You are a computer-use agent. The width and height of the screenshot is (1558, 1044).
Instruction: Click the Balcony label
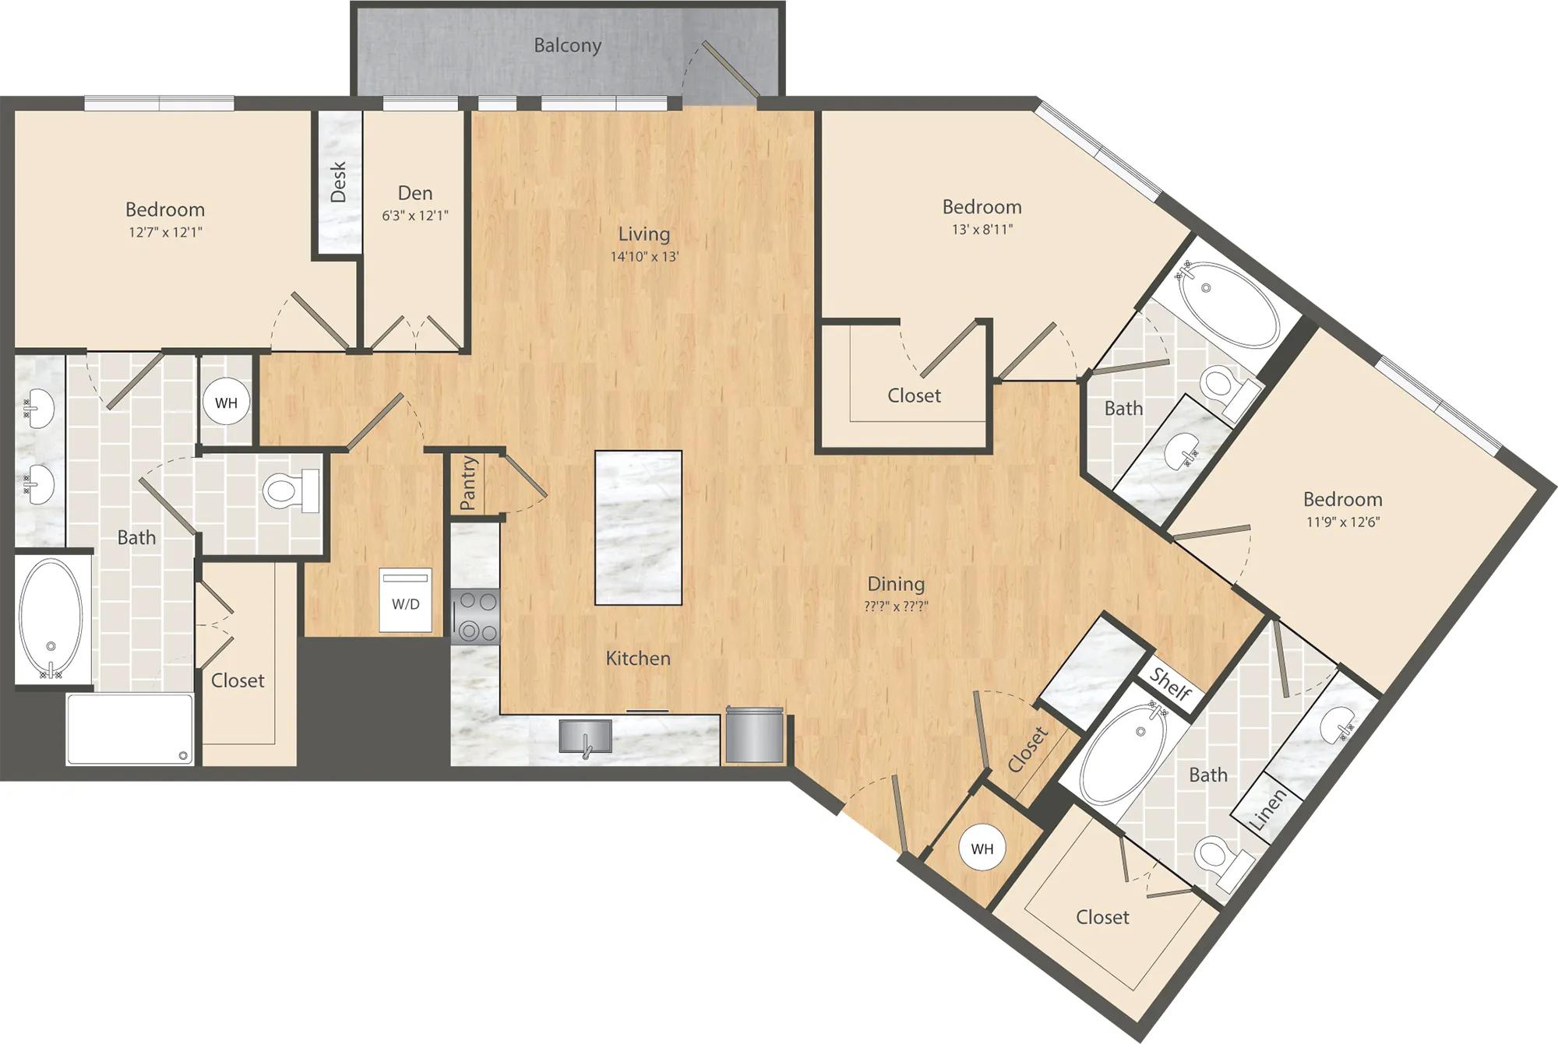[x=567, y=46]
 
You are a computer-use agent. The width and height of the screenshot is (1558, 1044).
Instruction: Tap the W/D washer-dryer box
[x=405, y=599]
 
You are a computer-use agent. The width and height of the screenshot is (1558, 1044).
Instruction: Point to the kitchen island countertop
[x=639, y=528]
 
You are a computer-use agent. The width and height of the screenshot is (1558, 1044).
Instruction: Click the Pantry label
[x=468, y=483]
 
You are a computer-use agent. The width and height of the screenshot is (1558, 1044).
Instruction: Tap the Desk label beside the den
[x=338, y=182]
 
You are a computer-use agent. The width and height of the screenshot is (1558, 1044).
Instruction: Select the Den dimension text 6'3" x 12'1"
[x=415, y=216]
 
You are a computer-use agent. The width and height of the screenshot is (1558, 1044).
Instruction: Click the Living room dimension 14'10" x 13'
[x=644, y=256]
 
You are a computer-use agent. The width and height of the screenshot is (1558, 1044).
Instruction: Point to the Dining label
[x=896, y=584]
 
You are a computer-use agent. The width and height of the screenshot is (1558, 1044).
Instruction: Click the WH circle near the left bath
[x=227, y=402]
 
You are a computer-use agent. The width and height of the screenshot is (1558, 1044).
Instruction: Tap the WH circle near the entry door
[x=982, y=849]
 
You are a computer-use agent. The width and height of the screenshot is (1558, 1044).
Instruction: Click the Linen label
[x=1267, y=809]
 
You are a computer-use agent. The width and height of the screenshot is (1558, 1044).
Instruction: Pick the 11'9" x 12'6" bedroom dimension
[x=1343, y=522]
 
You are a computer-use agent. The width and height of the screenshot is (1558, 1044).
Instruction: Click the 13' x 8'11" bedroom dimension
[x=982, y=230]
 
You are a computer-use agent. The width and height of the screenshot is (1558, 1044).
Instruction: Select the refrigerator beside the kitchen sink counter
[x=754, y=734]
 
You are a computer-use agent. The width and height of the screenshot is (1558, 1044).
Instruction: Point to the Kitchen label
[x=638, y=659]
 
